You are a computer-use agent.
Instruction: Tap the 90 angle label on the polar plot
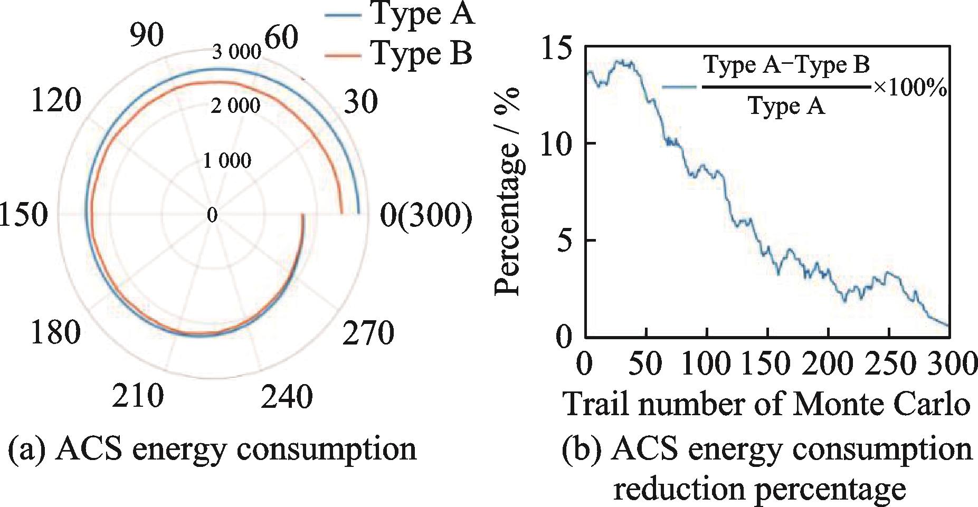pos(147,35)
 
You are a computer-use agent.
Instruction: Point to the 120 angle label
pos(56,100)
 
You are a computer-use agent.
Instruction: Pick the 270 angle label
pos(368,333)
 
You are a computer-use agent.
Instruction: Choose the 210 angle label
pos(138,396)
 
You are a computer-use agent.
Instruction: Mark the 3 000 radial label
pos(236,52)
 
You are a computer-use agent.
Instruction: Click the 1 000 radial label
pos(227,160)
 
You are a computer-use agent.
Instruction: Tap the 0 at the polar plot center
pos(212,215)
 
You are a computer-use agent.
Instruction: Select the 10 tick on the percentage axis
pos(556,144)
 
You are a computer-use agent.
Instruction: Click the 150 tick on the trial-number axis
pos(766,364)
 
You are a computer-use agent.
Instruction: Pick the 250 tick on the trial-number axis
pos(889,364)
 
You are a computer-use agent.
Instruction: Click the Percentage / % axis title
pos(508,191)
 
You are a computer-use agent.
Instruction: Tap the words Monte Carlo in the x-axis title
pos(881,404)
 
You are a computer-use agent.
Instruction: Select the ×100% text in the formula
pos(909,88)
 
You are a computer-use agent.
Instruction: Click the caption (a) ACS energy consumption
pos(212,449)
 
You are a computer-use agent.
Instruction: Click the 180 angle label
pos(56,332)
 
